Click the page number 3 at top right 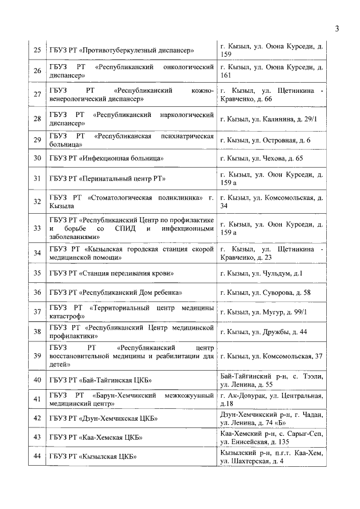[x=336, y=28]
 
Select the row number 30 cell [x=37, y=158]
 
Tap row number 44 [x=37, y=456]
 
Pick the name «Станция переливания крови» [x=111, y=273]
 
